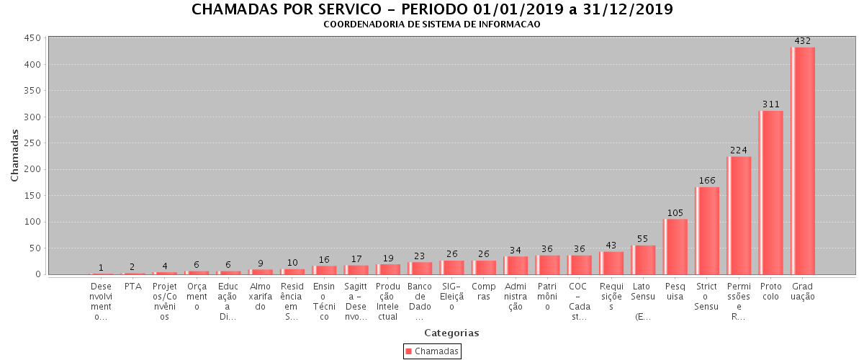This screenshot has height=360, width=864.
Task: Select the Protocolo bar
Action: (x=770, y=192)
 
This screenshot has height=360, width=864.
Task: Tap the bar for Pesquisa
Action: (x=675, y=246)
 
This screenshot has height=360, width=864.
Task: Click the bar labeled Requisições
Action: (x=611, y=263)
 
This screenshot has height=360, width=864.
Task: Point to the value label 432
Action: (x=803, y=41)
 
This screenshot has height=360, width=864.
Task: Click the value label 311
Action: (x=771, y=104)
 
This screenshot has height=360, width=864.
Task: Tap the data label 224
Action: (x=739, y=150)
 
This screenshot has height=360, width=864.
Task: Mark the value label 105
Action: (x=675, y=213)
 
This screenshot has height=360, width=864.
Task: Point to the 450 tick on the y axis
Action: (x=31, y=38)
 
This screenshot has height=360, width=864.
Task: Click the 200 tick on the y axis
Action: (x=31, y=170)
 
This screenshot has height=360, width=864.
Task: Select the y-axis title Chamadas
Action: (x=15, y=156)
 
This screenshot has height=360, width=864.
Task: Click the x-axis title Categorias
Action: (x=451, y=333)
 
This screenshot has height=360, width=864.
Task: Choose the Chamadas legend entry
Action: (x=432, y=351)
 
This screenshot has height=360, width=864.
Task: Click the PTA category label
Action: (x=132, y=287)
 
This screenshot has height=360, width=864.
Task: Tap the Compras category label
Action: (x=484, y=291)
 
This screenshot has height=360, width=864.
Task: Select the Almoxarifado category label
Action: (x=260, y=296)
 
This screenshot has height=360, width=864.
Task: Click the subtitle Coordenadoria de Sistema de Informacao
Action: (x=431, y=24)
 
